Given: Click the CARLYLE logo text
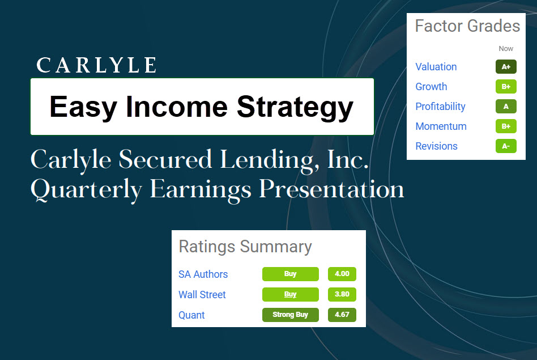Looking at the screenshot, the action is [x=96, y=65].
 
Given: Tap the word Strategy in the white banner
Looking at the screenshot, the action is [x=295, y=107].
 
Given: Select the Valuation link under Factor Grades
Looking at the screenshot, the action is [x=436, y=67].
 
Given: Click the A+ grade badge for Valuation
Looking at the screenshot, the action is [x=506, y=66].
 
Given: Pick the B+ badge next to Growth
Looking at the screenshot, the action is [x=506, y=86].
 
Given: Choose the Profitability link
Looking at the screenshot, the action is [x=441, y=107].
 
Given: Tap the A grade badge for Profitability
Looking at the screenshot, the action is [x=506, y=106].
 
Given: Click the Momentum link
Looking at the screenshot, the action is [x=441, y=126].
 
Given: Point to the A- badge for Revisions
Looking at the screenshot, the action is [x=506, y=146].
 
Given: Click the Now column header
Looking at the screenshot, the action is [x=506, y=49].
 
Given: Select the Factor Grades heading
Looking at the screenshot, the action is [x=467, y=26].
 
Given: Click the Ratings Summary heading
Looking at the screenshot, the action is [x=245, y=247].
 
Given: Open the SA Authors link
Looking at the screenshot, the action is [x=203, y=274].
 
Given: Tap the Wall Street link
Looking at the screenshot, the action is [x=202, y=294].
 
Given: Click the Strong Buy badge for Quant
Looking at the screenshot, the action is [x=291, y=315].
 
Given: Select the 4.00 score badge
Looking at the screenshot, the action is [x=342, y=274].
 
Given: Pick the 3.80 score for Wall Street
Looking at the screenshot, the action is [x=342, y=294].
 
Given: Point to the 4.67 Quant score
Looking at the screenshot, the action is [x=342, y=315].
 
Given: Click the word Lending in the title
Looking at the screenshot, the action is [x=270, y=160].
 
